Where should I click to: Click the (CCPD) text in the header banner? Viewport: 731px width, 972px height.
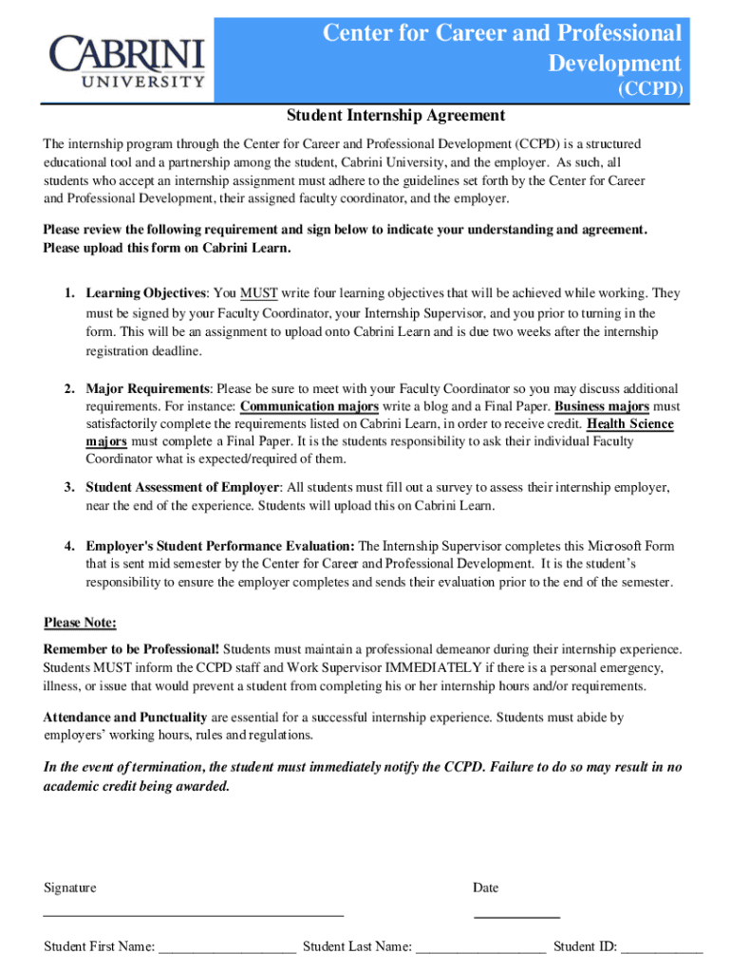[650, 90]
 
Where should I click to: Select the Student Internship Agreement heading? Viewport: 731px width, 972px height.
[396, 116]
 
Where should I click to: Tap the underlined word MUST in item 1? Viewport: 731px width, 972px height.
[258, 293]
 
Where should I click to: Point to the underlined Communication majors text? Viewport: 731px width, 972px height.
[309, 406]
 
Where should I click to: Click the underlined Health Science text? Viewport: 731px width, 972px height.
[630, 424]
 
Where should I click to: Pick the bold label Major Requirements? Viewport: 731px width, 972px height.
[148, 389]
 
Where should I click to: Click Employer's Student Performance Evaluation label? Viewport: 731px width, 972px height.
[220, 546]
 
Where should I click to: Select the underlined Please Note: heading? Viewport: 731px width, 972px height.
[81, 623]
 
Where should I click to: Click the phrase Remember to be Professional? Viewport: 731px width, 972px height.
[132, 649]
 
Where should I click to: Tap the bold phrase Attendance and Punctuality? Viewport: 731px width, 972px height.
[125, 718]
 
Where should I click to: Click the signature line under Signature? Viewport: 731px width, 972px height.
[194, 913]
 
